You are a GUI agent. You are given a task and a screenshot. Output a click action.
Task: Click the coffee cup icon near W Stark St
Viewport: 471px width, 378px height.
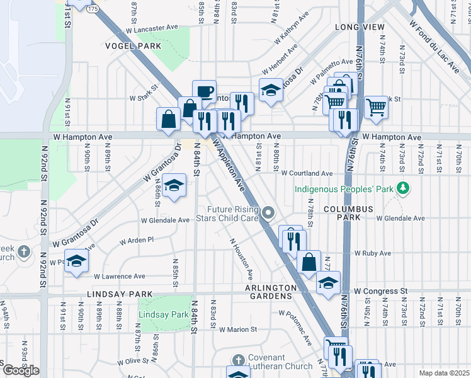[x=204, y=91]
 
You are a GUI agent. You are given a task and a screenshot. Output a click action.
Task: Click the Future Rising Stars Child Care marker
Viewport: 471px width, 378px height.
[x=269, y=212]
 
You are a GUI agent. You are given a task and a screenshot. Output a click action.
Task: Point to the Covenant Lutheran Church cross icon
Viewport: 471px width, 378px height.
[x=237, y=360]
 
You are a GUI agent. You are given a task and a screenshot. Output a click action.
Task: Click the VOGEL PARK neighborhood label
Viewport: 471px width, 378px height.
[x=133, y=46]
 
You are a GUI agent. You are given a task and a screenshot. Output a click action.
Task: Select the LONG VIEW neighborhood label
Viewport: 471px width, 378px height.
[x=359, y=27]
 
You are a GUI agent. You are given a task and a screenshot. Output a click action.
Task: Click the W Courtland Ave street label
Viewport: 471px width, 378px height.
[x=307, y=173]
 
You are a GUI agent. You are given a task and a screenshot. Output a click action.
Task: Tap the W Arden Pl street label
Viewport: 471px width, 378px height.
[x=137, y=240]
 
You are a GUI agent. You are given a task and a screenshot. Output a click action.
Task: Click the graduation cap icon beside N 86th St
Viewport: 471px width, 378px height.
[x=174, y=185]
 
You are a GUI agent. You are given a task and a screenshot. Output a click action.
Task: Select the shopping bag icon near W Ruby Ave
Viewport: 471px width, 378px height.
[x=309, y=262]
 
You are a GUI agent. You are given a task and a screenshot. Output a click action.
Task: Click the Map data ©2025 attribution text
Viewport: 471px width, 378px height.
[x=444, y=373]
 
